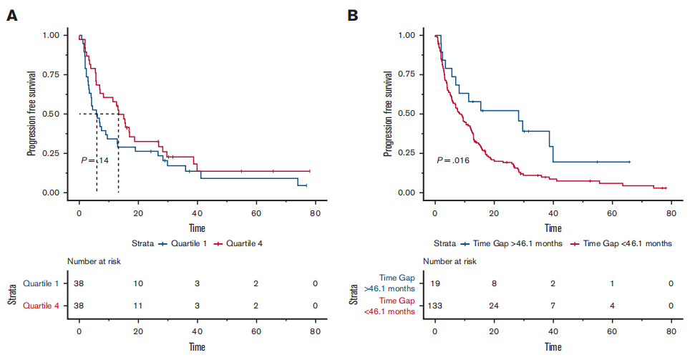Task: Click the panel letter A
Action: coord(12,16)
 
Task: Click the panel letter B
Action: coord(352,16)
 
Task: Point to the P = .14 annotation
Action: coord(94,160)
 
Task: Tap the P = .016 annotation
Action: coord(453,160)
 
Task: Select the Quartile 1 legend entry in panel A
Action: coord(183,243)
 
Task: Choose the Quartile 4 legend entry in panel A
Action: coord(238,243)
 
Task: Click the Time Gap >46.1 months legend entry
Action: coord(511,243)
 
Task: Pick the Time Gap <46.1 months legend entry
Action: coord(621,243)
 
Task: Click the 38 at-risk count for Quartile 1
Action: coord(79,283)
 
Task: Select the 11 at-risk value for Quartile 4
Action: coord(138,306)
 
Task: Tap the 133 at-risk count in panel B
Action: coord(435,306)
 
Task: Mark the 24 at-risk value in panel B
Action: coord(494,306)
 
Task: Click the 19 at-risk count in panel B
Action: coord(435,283)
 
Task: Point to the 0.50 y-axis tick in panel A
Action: coord(51,114)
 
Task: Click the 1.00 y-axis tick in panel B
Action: coord(407,35)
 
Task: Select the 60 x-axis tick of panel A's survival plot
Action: coord(256,213)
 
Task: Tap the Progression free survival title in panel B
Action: coord(388,114)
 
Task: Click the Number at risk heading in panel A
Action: coord(94,261)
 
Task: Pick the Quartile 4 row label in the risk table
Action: coord(41,306)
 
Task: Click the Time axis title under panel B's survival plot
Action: coord(553,228)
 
